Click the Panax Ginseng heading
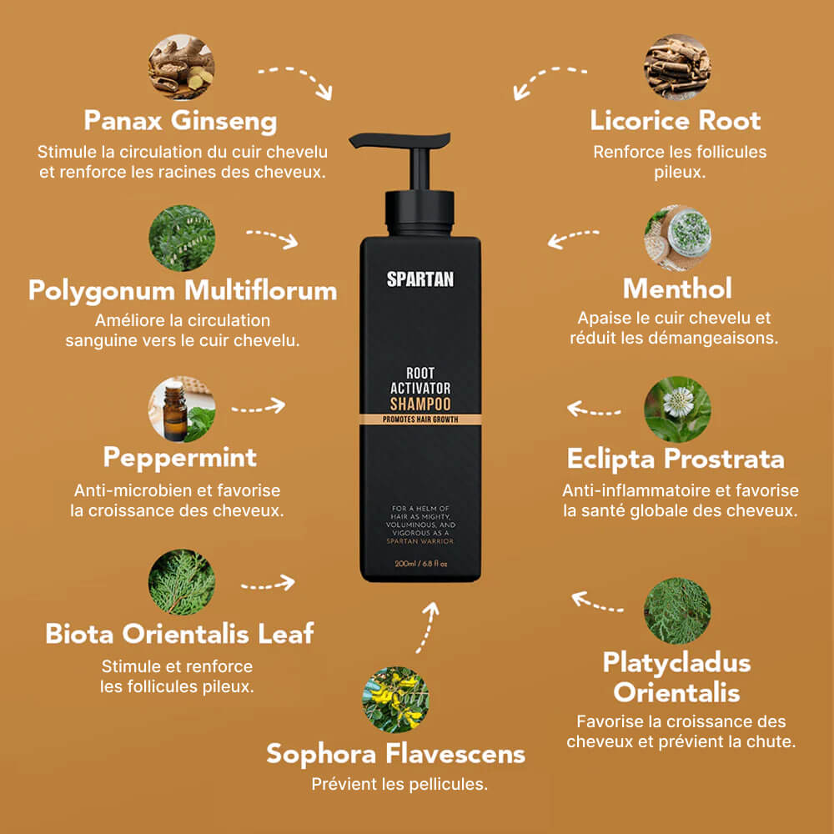tap(180, 121)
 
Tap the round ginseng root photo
tap(182, 67)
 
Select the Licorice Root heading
tap(676, 121)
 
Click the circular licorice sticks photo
tap(677, 67)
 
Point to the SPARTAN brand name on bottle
tap(420, 279)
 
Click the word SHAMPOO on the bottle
tap(420, 404)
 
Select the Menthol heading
tap(677, 289)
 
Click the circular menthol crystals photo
tap(677, 238)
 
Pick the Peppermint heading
tap(180, 457)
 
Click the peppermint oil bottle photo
tap(182, 409)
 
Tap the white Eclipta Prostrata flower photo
tap(677, 409)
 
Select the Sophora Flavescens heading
tap(395, 754)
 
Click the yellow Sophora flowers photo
tap(395, 699)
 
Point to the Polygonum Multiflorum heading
tap(182, 290)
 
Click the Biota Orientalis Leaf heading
tap(180, 633)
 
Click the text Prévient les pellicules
tap(399, 785)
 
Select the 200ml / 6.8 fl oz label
tap(420, 564)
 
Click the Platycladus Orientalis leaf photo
tap(677, 610)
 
